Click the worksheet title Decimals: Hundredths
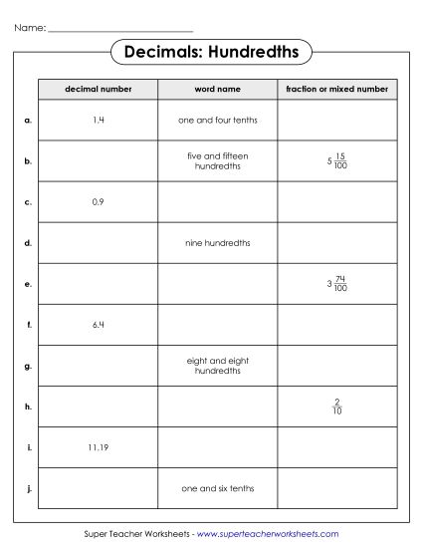[211, 52]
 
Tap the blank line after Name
[120, 29]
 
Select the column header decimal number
[98, 89]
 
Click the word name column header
[217, 89]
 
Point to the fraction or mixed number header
[336, 89]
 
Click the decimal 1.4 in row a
[98, 120]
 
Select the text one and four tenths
[217, 120]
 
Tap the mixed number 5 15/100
[336, 160]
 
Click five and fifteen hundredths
[217, 160]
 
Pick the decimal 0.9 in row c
[98, 201]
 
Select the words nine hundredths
[217, 242]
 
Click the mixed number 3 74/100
[336, 284]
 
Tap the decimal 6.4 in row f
[98, 325]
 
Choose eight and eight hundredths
[217, 366]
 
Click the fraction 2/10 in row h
[336, 407]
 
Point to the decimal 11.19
[98, 447]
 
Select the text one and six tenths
[217, 489]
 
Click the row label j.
[28, 489]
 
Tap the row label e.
[28, 284]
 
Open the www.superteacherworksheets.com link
[260, 535]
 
